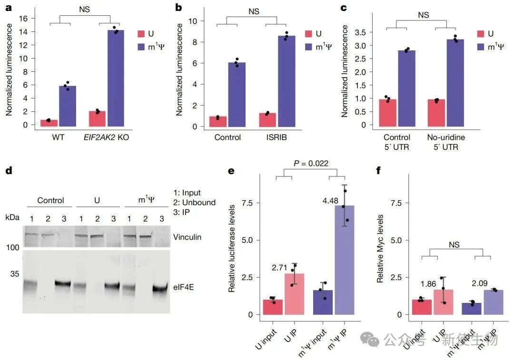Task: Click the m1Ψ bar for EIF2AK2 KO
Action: [x=115, y=79]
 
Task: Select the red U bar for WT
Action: [x=49, y=123]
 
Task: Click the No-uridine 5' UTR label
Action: [x=446, y=142]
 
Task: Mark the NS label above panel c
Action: [x=423, y=15]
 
